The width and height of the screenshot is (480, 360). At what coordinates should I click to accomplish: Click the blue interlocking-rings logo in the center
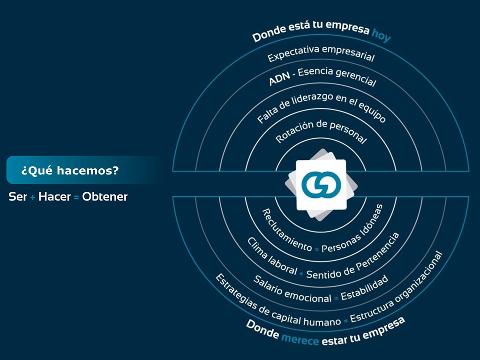321,185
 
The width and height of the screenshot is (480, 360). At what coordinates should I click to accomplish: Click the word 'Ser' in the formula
18,196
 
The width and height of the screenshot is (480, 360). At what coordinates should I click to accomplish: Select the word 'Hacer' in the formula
54,196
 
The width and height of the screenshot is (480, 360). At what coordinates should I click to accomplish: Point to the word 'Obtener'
105,196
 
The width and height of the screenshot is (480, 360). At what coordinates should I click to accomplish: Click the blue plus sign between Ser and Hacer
33,197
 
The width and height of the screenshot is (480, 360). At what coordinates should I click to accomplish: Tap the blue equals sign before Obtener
76,197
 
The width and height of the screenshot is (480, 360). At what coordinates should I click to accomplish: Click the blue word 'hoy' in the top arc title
381,35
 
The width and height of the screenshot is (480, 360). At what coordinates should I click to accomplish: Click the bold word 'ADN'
279,79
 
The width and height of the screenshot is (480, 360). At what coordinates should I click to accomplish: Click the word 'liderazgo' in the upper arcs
312,101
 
